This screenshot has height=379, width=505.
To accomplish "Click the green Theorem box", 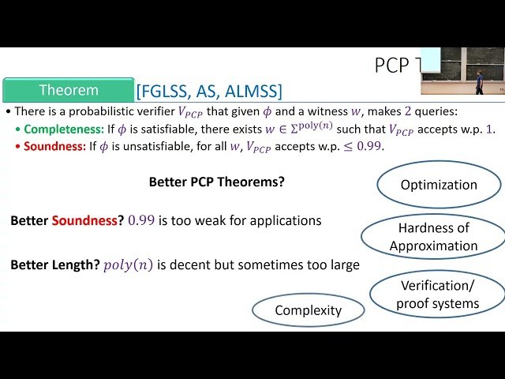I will tap(69, 90).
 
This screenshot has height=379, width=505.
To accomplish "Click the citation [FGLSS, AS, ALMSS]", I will tap(209, 90).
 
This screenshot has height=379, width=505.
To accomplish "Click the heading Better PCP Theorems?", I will tap(217, 182).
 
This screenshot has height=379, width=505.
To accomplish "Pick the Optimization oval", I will tap(439, 185).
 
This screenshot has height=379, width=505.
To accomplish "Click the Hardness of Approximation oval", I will tap(433, 237).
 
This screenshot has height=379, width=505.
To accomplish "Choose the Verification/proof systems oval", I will tap(438, 294).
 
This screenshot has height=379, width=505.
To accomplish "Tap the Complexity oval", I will tap(308, 310).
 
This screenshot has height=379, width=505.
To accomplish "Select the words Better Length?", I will tap(54, 265).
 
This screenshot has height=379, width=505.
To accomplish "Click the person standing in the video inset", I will tap(478, 79).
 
